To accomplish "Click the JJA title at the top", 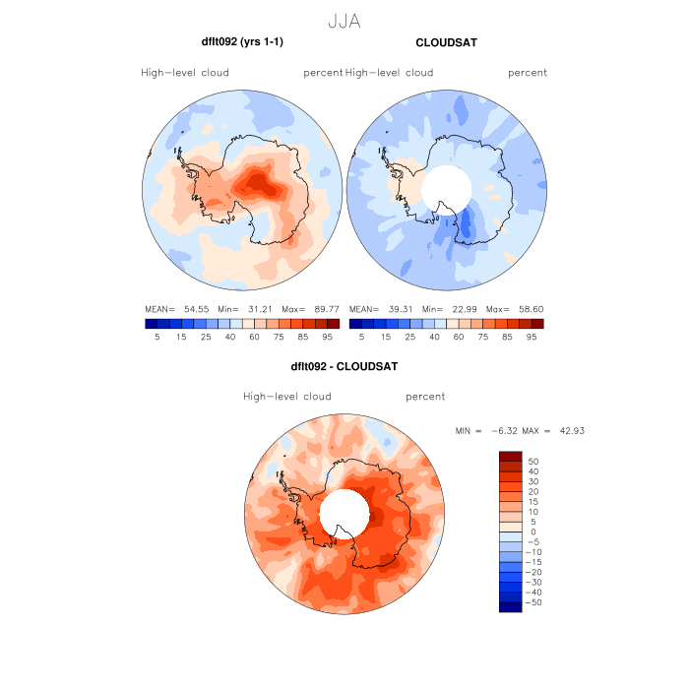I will [344, 21].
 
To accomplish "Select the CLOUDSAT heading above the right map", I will [446, 42].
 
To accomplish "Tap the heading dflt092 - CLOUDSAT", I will [344, 367].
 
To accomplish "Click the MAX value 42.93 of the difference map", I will [571, 431].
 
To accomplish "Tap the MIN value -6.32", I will [501, 431].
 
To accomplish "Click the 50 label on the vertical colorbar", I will [534, 461].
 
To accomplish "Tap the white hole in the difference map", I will [344, 512].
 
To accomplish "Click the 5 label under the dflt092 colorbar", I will [157, 337].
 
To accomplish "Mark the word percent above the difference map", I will [425, 397].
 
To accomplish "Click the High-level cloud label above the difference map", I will [287, 397].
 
